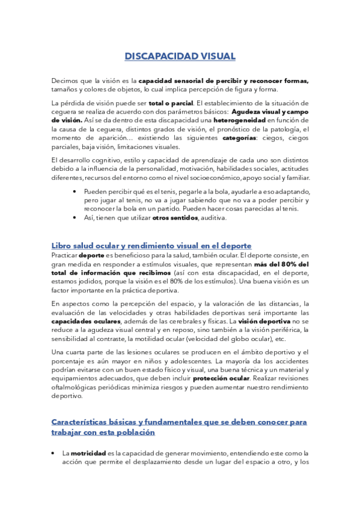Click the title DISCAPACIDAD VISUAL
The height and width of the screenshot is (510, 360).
[180, 57]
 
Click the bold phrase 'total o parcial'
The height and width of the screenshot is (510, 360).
[166, 102]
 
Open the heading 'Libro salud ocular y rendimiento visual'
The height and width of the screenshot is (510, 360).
[151, 245]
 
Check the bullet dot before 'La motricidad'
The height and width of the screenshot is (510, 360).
[54, 453]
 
